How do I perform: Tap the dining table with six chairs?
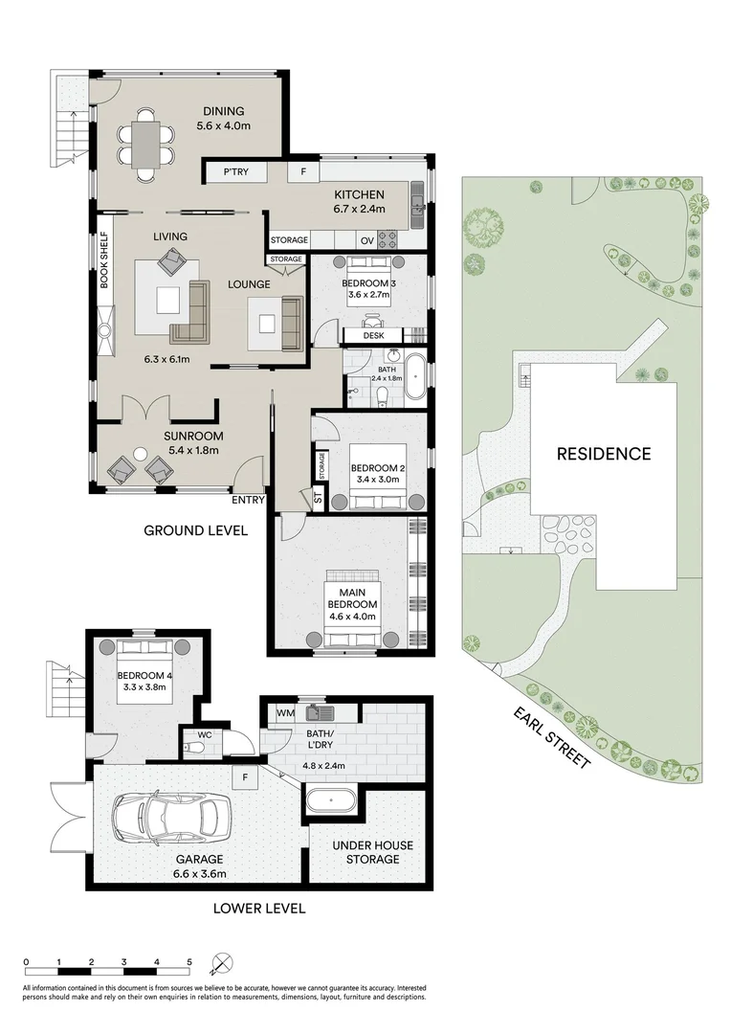(146, 145)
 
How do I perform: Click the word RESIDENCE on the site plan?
(604, 454)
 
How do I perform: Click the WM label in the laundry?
(285, 713)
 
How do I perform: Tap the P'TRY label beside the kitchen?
(235, 173)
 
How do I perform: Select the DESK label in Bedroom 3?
(373, 336)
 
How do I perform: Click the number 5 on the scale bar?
(189, 961)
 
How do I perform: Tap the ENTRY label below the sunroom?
(248, 500)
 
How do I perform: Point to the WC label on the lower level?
(204, 736)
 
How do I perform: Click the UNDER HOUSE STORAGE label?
(366, 852)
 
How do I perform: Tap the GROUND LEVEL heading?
(196, 529)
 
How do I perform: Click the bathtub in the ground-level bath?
(416, 378)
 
